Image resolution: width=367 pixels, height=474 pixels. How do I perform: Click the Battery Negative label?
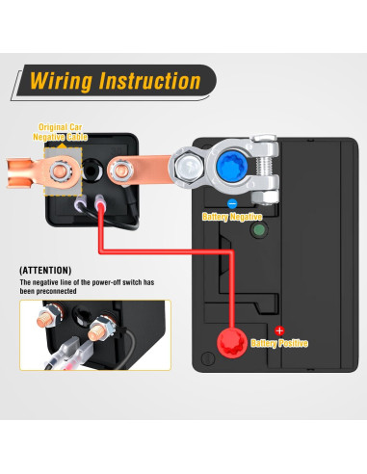[233, 217]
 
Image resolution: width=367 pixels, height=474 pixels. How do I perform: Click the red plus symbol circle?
[280, 330]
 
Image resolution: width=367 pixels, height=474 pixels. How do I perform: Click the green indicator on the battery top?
[257, 231]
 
